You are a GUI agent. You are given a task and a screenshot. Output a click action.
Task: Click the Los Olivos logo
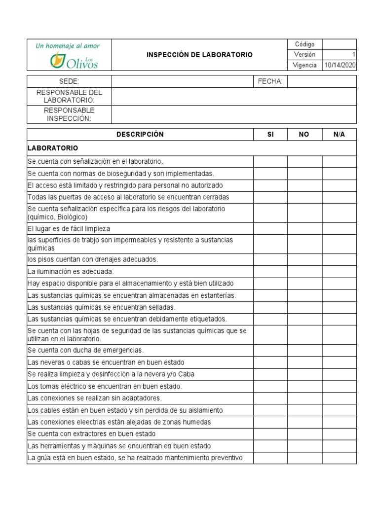74,61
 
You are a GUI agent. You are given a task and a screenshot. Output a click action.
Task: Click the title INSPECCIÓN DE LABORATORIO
199,55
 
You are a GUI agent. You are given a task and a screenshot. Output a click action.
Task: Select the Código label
304,44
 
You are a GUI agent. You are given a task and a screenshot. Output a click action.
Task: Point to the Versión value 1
354,55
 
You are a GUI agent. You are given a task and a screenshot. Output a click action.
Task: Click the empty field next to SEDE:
182,81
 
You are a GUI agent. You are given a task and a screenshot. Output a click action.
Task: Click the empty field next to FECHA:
322,81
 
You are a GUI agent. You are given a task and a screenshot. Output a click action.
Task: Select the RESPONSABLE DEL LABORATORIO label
69,96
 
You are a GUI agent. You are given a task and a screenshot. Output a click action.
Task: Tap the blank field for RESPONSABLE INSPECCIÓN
233,114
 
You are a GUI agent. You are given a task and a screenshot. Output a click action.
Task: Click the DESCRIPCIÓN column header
140,134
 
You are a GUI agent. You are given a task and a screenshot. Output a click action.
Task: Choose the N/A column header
339,134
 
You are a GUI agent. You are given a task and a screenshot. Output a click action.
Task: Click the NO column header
304,134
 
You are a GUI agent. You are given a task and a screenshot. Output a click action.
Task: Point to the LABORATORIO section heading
53,148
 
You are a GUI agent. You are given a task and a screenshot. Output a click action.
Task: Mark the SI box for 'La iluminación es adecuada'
270,271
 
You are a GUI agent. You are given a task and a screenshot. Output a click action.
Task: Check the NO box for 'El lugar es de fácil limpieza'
304,228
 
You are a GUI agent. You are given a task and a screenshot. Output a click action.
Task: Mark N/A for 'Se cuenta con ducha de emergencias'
339,350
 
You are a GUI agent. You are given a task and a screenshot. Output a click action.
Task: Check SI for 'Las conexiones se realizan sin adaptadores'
270,398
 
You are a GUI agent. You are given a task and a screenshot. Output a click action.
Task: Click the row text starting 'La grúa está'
135,458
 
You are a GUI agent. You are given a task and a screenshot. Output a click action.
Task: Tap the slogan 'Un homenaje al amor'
68,46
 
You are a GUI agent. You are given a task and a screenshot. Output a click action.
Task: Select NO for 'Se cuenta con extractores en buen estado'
304,433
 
